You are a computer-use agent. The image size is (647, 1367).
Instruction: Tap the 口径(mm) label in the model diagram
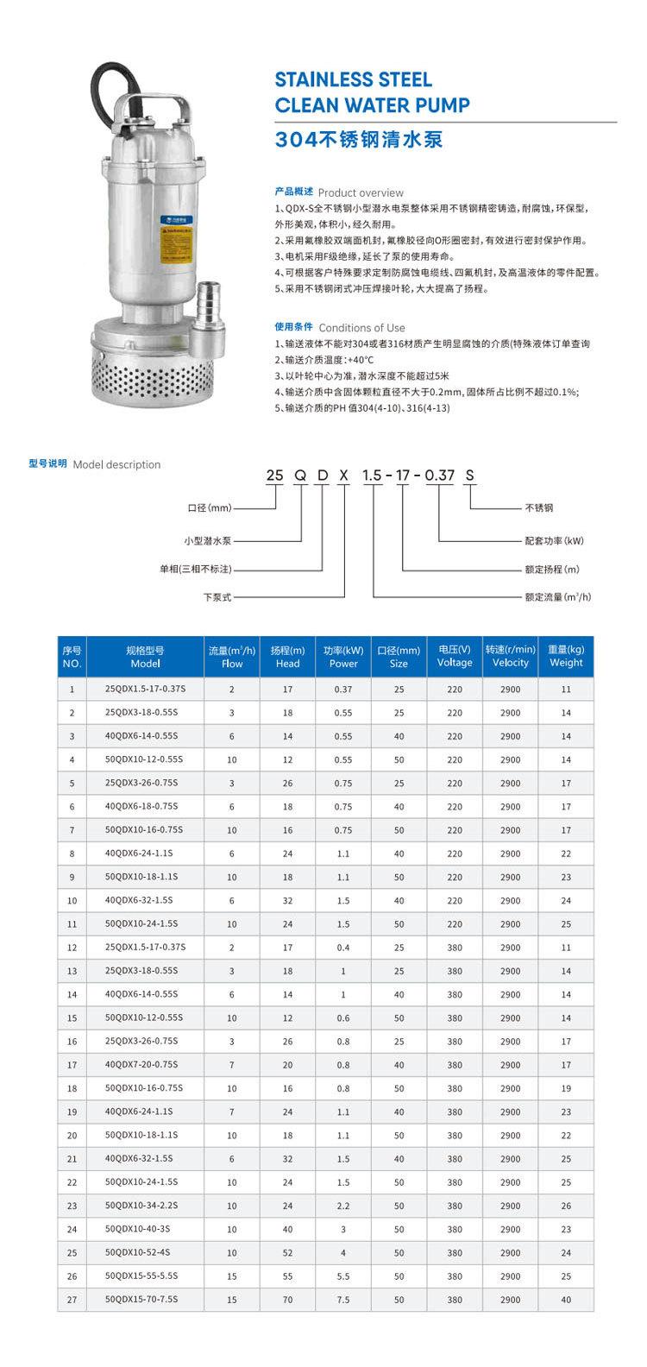click(210, 507)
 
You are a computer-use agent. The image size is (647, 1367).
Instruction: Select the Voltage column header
click(455, 656)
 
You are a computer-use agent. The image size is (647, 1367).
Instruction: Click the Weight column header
click(566, 656)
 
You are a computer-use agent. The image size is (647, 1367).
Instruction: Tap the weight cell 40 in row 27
click(566, 1300)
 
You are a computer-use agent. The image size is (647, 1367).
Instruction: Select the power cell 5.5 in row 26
click(343, 1276)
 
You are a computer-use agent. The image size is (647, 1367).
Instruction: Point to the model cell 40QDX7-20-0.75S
click(141, 1065)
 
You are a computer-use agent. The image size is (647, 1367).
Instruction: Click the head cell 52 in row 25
click(287, 1253)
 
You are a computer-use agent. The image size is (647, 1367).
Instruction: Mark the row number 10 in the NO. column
click(72, 901)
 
